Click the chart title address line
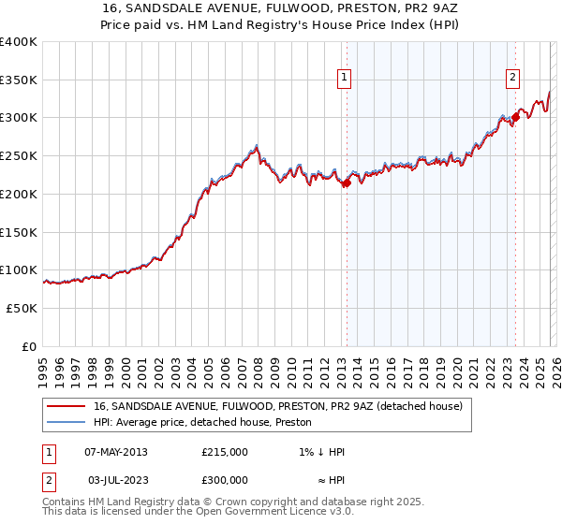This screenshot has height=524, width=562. click(280, 7)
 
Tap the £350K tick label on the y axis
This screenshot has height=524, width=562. click(19, 80)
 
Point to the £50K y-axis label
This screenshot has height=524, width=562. click(22, 308)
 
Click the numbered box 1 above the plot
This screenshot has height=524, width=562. click(346, 79)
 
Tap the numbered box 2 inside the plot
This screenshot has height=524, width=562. click(513, 79)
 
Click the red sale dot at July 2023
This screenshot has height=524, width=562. click(515, 117)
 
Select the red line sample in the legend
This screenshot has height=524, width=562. click(65, 407)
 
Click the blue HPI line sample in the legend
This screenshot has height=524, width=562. click(65, 422)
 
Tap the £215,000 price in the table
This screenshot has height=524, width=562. click(225, 452)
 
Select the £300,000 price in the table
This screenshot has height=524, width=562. click(225, 479)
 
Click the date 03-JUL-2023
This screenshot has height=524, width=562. click(116, 479)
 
